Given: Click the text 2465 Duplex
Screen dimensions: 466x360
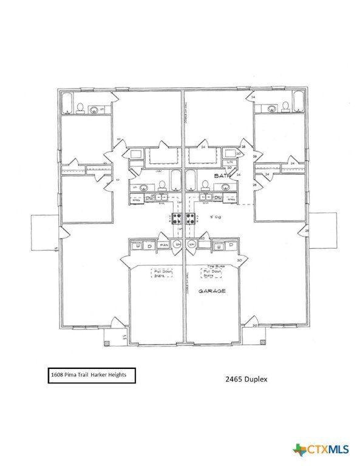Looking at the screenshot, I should [x=246, y=379].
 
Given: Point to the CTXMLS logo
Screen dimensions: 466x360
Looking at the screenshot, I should [x=321, y=450].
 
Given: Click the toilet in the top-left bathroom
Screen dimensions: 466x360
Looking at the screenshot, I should [x=80, y=109].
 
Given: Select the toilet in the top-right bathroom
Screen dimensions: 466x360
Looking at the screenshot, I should [x=285, y=109].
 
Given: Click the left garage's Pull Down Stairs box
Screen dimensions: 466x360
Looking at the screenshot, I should [x=162, y=273].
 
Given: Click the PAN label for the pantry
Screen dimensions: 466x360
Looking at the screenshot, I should [x=164, y=245].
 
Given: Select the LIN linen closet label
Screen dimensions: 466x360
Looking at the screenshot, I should [x=229, y=163].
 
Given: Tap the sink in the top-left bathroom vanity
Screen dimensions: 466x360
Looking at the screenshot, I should [x=95, y=110].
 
